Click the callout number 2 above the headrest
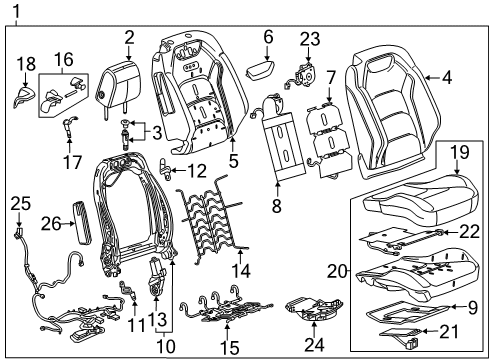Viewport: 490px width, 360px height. pyautogui.click(x=129, y=37)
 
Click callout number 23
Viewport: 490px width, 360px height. pyautogui.click(x=309, y=39)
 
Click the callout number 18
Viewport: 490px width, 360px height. pyautogui.click(x=25, y=62)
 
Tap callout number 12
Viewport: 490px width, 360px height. pyautogui.click(x=196, y=171)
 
